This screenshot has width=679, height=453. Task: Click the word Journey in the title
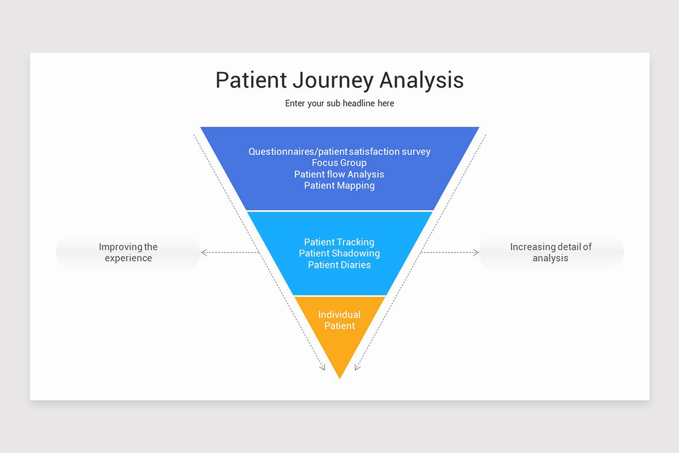(333, 80)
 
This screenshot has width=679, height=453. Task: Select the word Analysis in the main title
(422, 80)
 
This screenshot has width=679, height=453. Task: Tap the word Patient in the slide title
(251, 80)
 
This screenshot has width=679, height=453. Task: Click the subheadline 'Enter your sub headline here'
(339, 104)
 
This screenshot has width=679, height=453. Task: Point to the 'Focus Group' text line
(339, 163)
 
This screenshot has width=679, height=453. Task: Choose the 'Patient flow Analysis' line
(339, 174)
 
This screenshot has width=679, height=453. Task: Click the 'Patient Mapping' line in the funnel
(339, 186)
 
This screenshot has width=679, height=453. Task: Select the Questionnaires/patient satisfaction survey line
(339, 152)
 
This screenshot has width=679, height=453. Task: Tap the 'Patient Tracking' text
(339, 242)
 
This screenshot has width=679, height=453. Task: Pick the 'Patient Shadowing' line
(339, 253)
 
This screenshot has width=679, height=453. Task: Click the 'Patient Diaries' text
(339, 264)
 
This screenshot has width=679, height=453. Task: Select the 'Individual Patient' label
(339, 320)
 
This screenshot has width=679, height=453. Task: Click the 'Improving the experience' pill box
(128, 253)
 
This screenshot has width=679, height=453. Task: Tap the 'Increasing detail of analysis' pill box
(551, 253)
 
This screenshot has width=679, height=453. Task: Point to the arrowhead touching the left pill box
(204, 253)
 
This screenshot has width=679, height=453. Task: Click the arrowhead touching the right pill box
(476, 253)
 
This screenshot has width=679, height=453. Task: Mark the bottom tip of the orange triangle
(339, 378)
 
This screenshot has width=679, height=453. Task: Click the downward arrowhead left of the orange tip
(323, 367)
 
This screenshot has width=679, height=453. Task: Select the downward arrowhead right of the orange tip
(356, 367)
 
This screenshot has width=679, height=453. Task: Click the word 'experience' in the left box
(128, 258)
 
